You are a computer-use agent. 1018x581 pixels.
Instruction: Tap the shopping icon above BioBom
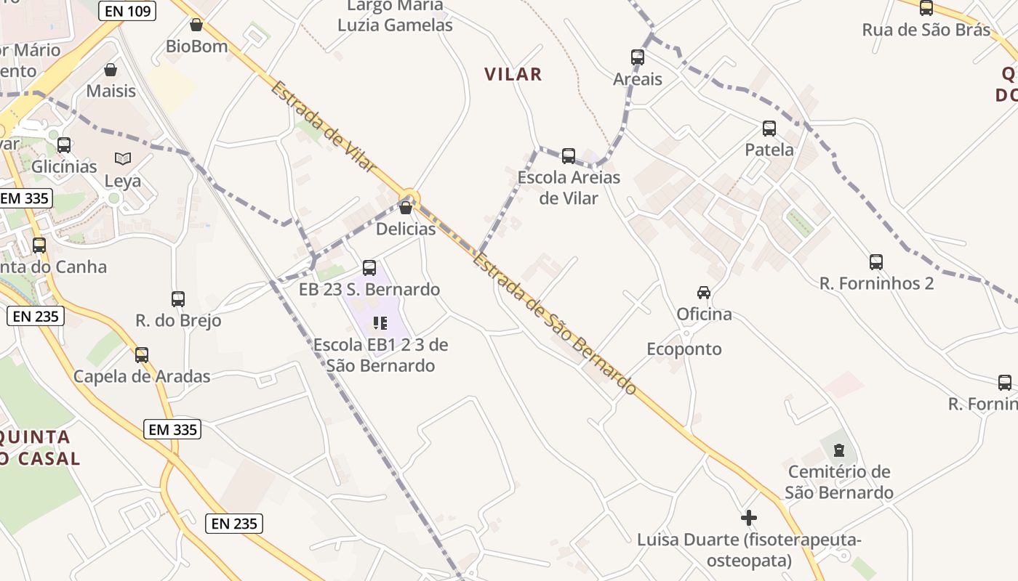pyautogui.click(x=196, y=25)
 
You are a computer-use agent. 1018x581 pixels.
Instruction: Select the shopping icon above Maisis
pyautogui.click(x=111, y=70)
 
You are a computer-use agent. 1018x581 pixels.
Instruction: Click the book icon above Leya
pyautogui.click(x=123, y=158)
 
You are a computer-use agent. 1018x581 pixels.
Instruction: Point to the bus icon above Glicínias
pyautogui.click(x=64, y=145)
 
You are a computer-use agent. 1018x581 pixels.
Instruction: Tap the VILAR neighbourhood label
pyautogui.click(x=513, y=74)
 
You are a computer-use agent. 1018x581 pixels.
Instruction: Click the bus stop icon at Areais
pyautogui.click(x=638, y=57)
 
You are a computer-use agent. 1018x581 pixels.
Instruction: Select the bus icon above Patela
pyautogui.click(x=769, y=129)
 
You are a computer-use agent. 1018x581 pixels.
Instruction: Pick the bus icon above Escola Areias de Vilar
pyautogui.click(x=569, y=155)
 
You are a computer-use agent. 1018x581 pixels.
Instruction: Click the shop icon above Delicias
pyautogui.click(x=406, y=208)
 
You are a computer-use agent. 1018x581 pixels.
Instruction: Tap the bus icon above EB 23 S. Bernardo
pyautogui.click(x=369, y=267)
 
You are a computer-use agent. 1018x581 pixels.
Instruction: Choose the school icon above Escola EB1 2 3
pyautogui.click(x=380, y=322)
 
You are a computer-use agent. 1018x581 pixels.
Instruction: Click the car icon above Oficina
pyautogui.click(x=704, y=293)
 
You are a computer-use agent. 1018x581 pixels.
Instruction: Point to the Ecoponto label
pyautogui.click(x=684, y=349)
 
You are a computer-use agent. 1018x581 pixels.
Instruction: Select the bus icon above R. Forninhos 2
pyautogui.click(x=876, y=261)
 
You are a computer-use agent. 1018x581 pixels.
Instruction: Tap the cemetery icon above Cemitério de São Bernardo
pyautogui.click(x=839, y=450)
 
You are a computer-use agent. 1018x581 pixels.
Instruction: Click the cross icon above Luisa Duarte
pyautogui.click(x=749, y=518)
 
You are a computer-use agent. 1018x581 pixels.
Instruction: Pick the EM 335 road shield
pyautogui.click(x=172, y=429)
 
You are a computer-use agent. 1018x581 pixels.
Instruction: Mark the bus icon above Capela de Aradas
pyautogui.click(x=142, y=354)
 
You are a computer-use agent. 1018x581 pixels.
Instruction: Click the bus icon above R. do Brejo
pyautogui.click(x=178, y=298)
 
